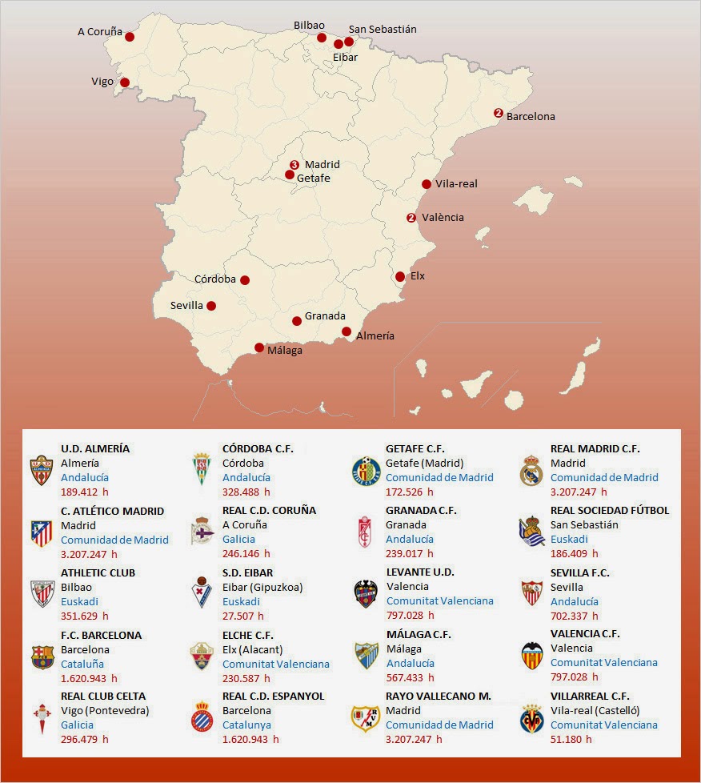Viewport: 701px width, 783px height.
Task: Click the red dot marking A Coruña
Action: click(x=130, y=37)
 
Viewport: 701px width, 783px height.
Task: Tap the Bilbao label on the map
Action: click(x=309, y=26)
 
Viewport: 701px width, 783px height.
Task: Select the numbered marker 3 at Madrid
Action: click(x=294, y=164)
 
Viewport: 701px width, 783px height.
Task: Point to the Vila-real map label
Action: click(x=456, y=183)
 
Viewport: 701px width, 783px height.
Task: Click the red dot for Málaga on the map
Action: click(x=259, y=347)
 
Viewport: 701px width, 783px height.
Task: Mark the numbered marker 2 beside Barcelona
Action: click(x=498, y=113)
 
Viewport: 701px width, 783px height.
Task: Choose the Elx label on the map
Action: click(x=418, y=276)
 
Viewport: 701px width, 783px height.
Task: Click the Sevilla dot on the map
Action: click(x=211, y=305)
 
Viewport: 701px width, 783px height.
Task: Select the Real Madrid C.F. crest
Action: click(x=531, y=471)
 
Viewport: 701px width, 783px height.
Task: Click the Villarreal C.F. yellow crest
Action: click(x=531, y=718)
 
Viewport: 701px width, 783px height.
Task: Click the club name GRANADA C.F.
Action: click(x=421, y=510)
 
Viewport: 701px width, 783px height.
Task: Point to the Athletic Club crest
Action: click(x=42, y=595)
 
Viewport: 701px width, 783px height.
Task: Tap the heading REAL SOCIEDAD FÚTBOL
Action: click(x=610, y=510)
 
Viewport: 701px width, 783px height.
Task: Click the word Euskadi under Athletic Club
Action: click(x=80, y=601)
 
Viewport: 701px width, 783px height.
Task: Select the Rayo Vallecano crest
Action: click(x=366, y=718)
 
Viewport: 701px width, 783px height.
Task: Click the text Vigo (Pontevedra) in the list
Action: click(x=105, y=710)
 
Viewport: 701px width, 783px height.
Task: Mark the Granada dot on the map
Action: click(x=297, y=321)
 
